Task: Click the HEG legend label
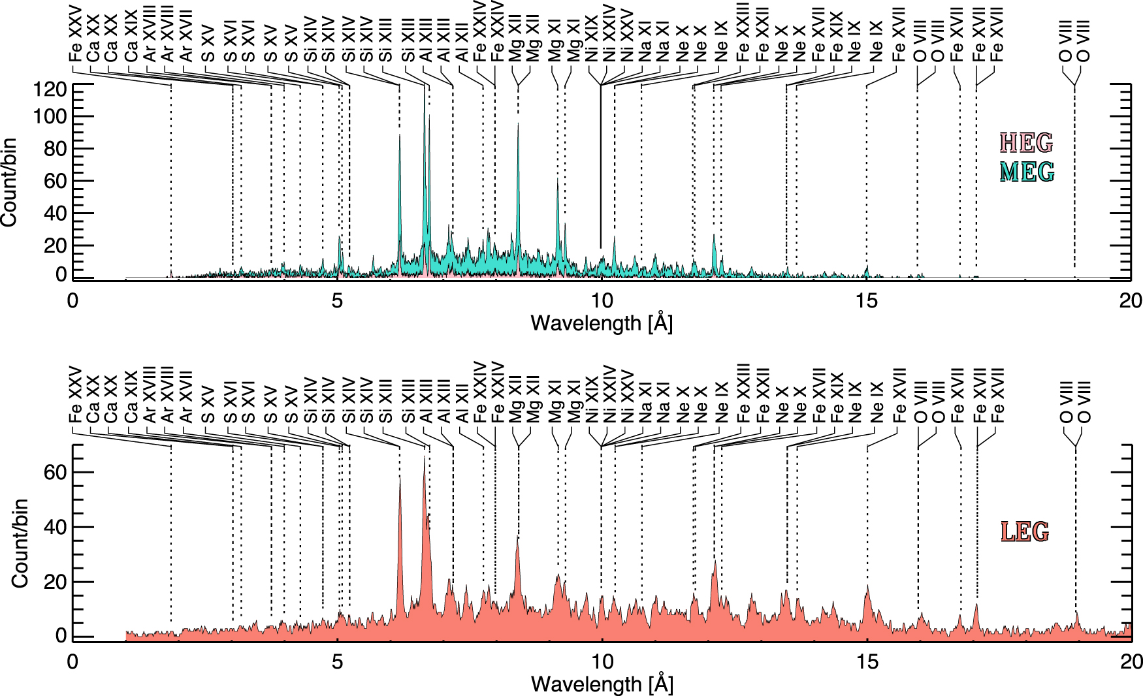(1027, 142)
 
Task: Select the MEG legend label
(1027, 172)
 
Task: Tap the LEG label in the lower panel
(1024, 531)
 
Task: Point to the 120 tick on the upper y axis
(52, 88)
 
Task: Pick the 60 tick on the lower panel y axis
(56, 472)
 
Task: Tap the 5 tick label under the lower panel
(337, 661)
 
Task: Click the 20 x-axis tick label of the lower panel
(1131, 661)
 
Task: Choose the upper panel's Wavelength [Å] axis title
(602, 323)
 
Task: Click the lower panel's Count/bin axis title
(20, 543)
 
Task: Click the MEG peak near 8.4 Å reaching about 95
(518, 124)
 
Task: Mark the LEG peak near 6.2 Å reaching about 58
(400, 477)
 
